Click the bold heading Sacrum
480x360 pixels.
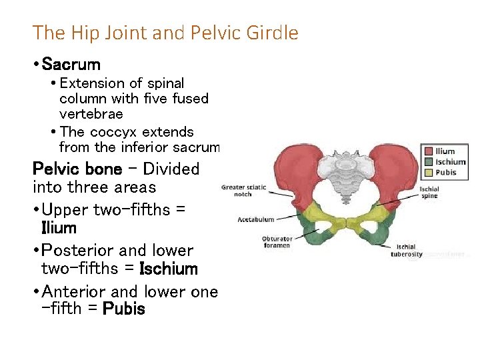[x=71, y=65]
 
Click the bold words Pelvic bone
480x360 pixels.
[x=77, y=169]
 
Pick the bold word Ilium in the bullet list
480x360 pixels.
[x=59, y=228]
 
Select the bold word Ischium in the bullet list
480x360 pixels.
[x=169, y=269]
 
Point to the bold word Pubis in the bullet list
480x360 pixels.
[x=124, y=309]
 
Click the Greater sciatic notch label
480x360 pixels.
[x=244, y=191]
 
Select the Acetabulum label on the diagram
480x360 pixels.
[x=256, y=219]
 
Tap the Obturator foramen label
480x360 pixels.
[x=277, y=242]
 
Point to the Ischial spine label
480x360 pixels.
[x=429, y=193]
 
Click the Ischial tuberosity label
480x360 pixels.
[x=407, y=250]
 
